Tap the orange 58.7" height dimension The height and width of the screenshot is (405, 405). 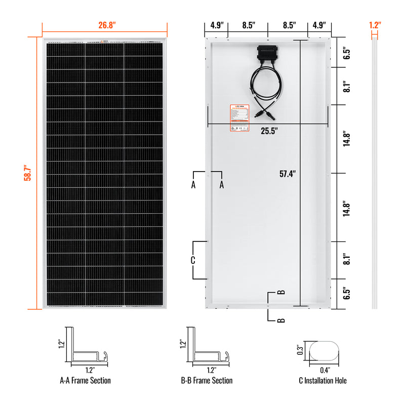click(x=30, y=173)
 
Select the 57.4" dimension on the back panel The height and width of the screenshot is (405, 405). click(x=288, y=174)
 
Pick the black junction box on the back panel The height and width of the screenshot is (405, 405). click(x=267, y=53)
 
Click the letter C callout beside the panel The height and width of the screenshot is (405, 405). click(x=193, y=260)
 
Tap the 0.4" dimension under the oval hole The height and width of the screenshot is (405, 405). click(x=326, y=370)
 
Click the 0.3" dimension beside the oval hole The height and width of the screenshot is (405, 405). click(x=300, y=349)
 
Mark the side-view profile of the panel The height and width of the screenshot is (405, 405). click(x=375, y=172)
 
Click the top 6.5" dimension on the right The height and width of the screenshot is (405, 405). click(x=346, y=54)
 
